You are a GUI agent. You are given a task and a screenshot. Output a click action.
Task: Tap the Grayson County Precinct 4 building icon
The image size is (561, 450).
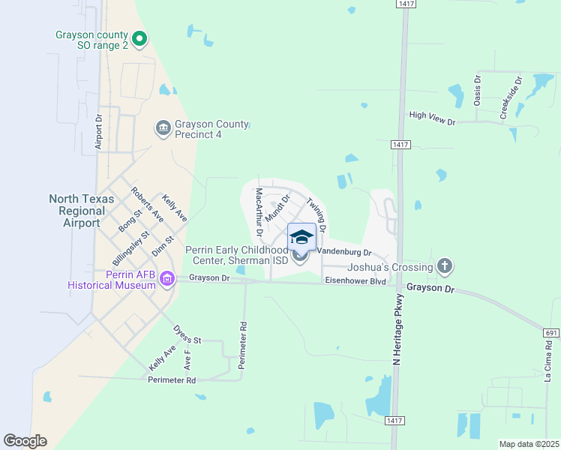163,129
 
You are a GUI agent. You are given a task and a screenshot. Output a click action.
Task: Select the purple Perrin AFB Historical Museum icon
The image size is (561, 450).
166,280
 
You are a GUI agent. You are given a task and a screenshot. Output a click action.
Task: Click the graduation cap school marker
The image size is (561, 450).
301,238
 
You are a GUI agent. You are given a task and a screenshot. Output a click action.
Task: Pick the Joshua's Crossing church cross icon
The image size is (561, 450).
445,266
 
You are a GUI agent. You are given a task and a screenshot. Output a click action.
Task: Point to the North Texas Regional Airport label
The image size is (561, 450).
82,211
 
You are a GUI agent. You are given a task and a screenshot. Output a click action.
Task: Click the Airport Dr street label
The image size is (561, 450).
99,132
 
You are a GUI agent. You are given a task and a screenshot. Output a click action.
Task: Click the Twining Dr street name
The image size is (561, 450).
317,214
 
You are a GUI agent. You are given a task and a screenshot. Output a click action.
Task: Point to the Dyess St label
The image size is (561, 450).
187,334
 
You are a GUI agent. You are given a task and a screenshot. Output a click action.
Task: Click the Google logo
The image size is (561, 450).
25,441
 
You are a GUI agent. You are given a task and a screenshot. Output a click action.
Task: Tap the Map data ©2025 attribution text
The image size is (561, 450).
528,444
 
